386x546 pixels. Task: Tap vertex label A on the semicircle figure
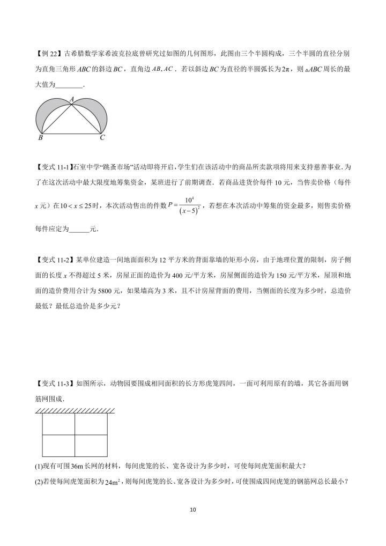[x=72, y=99]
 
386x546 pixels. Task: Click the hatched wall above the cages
[x=75, y=410]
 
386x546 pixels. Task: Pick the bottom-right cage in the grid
[x=91, y=445]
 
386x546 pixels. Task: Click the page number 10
[x=193, y=510]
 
